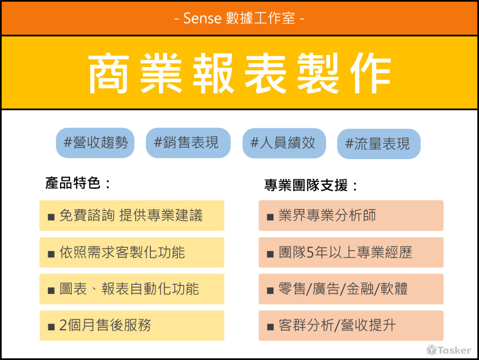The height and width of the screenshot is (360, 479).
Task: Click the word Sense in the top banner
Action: (202, 18)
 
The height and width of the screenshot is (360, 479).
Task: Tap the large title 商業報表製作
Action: (240, 73)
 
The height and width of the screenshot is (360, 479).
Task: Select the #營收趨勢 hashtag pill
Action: (95, 143)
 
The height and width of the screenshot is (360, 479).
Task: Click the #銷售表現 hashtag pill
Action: (188, 143)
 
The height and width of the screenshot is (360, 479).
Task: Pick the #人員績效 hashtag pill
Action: (284, 143)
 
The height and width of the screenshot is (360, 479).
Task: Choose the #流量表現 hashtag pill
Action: (379, 144)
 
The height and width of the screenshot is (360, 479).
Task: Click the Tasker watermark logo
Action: (449, 350)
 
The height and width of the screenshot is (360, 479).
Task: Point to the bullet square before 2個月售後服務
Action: (51, 327)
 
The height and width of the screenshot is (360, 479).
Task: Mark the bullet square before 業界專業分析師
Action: (270, 217)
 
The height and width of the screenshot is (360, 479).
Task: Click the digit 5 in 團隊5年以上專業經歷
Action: (310, 253)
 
